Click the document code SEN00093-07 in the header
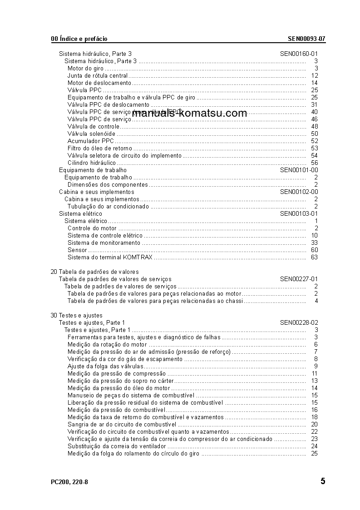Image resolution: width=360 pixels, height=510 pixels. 306,39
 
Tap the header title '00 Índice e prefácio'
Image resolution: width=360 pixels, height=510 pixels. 79,39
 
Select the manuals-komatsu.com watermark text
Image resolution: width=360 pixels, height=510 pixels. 190,114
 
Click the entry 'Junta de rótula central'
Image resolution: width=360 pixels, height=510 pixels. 98,76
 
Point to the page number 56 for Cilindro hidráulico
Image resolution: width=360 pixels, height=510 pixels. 315,163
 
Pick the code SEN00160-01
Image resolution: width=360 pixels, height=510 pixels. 299,54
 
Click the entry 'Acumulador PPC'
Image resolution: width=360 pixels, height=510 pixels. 91,141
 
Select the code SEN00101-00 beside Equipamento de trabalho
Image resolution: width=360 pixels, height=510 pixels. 299,170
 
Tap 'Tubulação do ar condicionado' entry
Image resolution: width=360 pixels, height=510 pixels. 108,207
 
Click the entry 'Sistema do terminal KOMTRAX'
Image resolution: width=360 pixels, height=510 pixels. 110,257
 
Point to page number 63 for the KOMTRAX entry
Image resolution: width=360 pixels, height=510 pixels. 315,257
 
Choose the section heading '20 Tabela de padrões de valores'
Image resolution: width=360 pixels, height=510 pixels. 88,272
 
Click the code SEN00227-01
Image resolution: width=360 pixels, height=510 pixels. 299,279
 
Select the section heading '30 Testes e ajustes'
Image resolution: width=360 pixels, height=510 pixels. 77,316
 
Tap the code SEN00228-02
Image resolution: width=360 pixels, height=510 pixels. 299,323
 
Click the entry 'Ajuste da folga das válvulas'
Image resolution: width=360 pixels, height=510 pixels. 105,366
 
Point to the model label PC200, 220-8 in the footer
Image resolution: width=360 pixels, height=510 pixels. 69,482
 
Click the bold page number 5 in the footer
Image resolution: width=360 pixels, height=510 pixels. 323,481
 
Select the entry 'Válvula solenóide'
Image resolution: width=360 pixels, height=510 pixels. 91,134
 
